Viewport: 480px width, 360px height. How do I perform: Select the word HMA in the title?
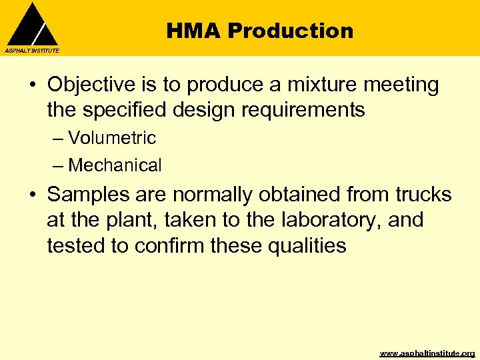pos(193,31)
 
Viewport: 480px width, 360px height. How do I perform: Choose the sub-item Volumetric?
pos(111,138)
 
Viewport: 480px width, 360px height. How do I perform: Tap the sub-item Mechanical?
pos(115,165)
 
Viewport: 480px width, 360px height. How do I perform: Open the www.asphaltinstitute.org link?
pos(427,353)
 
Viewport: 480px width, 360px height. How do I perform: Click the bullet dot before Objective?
pos(31,86)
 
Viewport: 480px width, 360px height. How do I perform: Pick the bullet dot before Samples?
pos(31,195)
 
